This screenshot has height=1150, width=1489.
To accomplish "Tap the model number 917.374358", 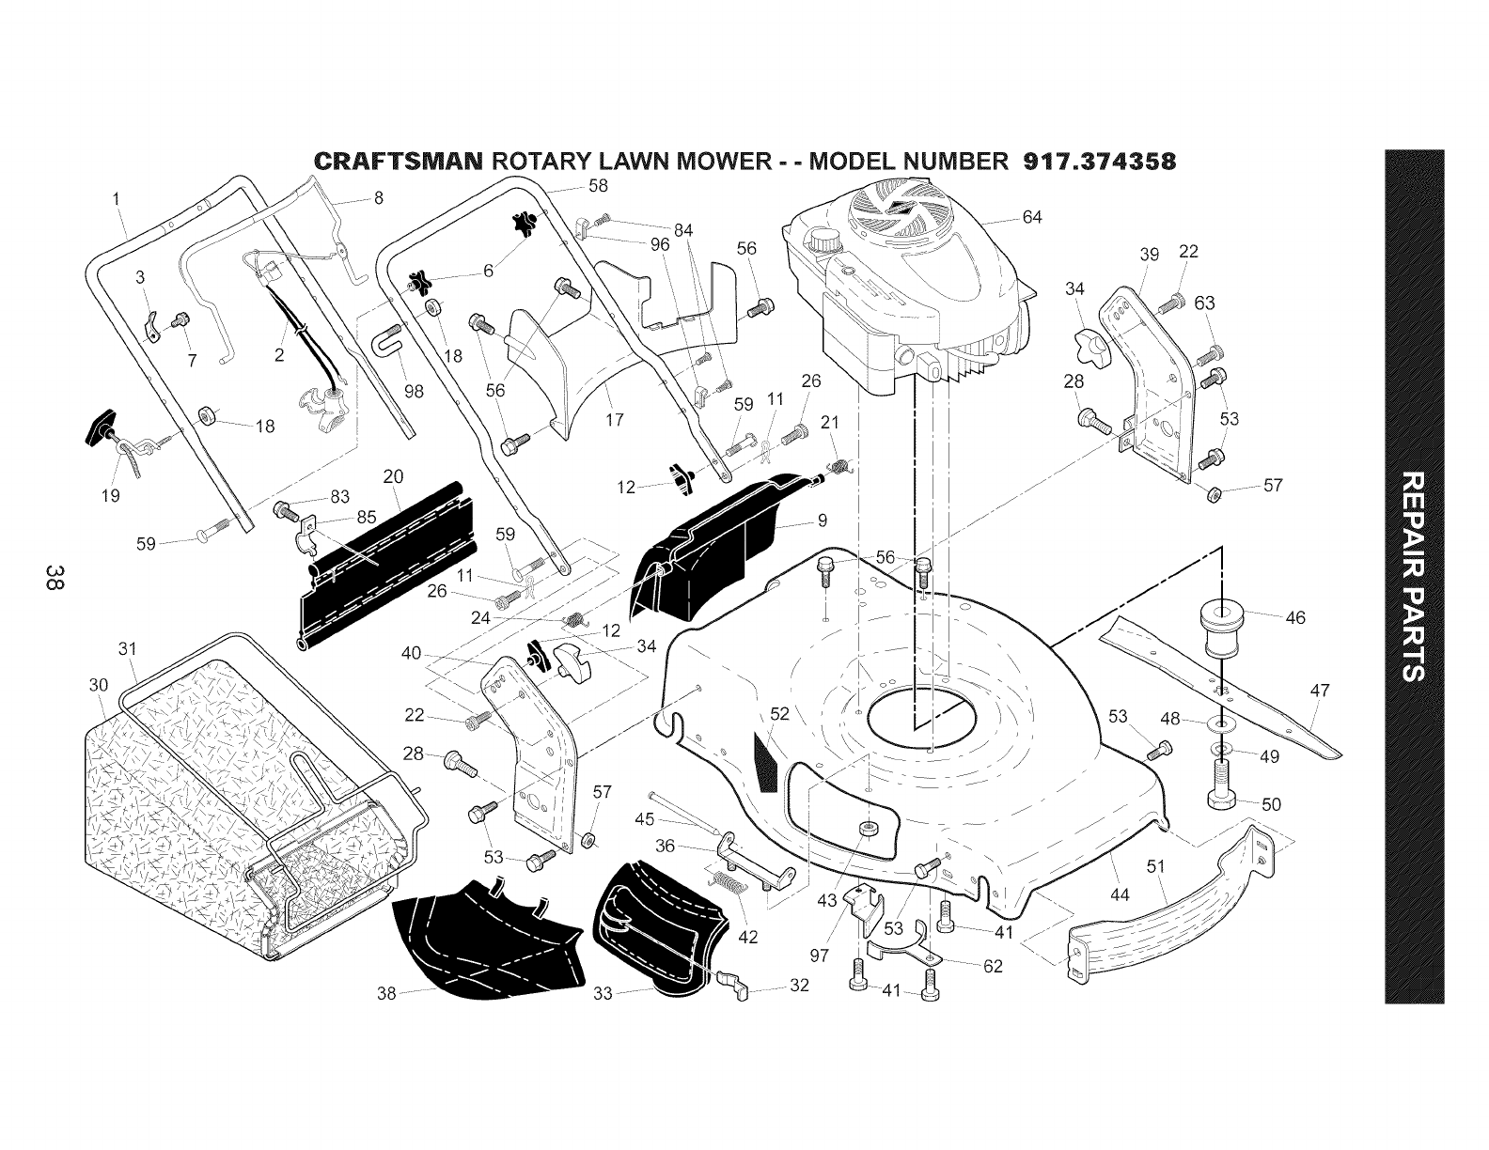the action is [1100, 161].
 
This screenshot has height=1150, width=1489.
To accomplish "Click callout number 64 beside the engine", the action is [1032, 217].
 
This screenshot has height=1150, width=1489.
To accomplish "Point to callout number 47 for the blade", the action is [1320, 691].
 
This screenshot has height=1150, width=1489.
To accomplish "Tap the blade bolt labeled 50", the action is [1222, 784].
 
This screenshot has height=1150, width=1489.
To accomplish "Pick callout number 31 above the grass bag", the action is [128, 648].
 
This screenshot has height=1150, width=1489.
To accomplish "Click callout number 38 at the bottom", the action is [386, 994].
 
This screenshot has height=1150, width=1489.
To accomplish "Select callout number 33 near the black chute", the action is [603, 994].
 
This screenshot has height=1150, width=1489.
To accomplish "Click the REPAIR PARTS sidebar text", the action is [1414, 576].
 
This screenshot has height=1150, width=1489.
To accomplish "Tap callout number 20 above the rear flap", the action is [393, 476].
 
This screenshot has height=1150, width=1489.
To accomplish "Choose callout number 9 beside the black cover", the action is [823, 521].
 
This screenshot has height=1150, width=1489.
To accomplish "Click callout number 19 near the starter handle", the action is [110, 496].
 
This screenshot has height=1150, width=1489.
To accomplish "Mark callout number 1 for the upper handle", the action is [117, 198].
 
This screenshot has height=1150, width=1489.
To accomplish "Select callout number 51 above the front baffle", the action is [1155, 866].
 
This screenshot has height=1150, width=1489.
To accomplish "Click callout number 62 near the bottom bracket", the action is [993, 967].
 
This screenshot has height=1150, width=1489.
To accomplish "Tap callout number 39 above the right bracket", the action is [1149, 254].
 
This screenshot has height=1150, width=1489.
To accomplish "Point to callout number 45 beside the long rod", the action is [645, 819].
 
